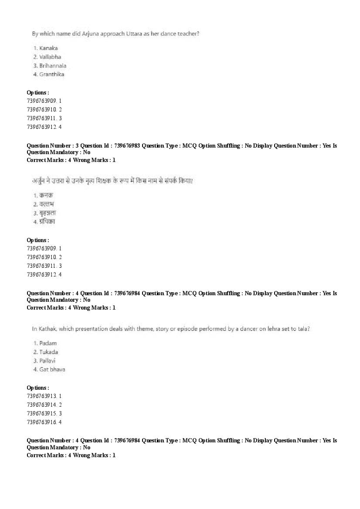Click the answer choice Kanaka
tap(48, 48)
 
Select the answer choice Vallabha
tap(50, 57)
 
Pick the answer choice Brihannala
tap(53, 66)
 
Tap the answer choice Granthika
tap(51, 74)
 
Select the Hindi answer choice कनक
tap(46, 196)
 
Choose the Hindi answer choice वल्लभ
tap(47, 204)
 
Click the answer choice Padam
tap(48, 343)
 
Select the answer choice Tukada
tap(49, 352)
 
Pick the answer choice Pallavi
tap(48, 361)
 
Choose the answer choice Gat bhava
tap(52, 370)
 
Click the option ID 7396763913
tap(41, 396)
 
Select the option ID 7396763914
tap(41, 405)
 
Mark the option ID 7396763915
tap(41, 414)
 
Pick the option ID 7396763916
tap(41, 422)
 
